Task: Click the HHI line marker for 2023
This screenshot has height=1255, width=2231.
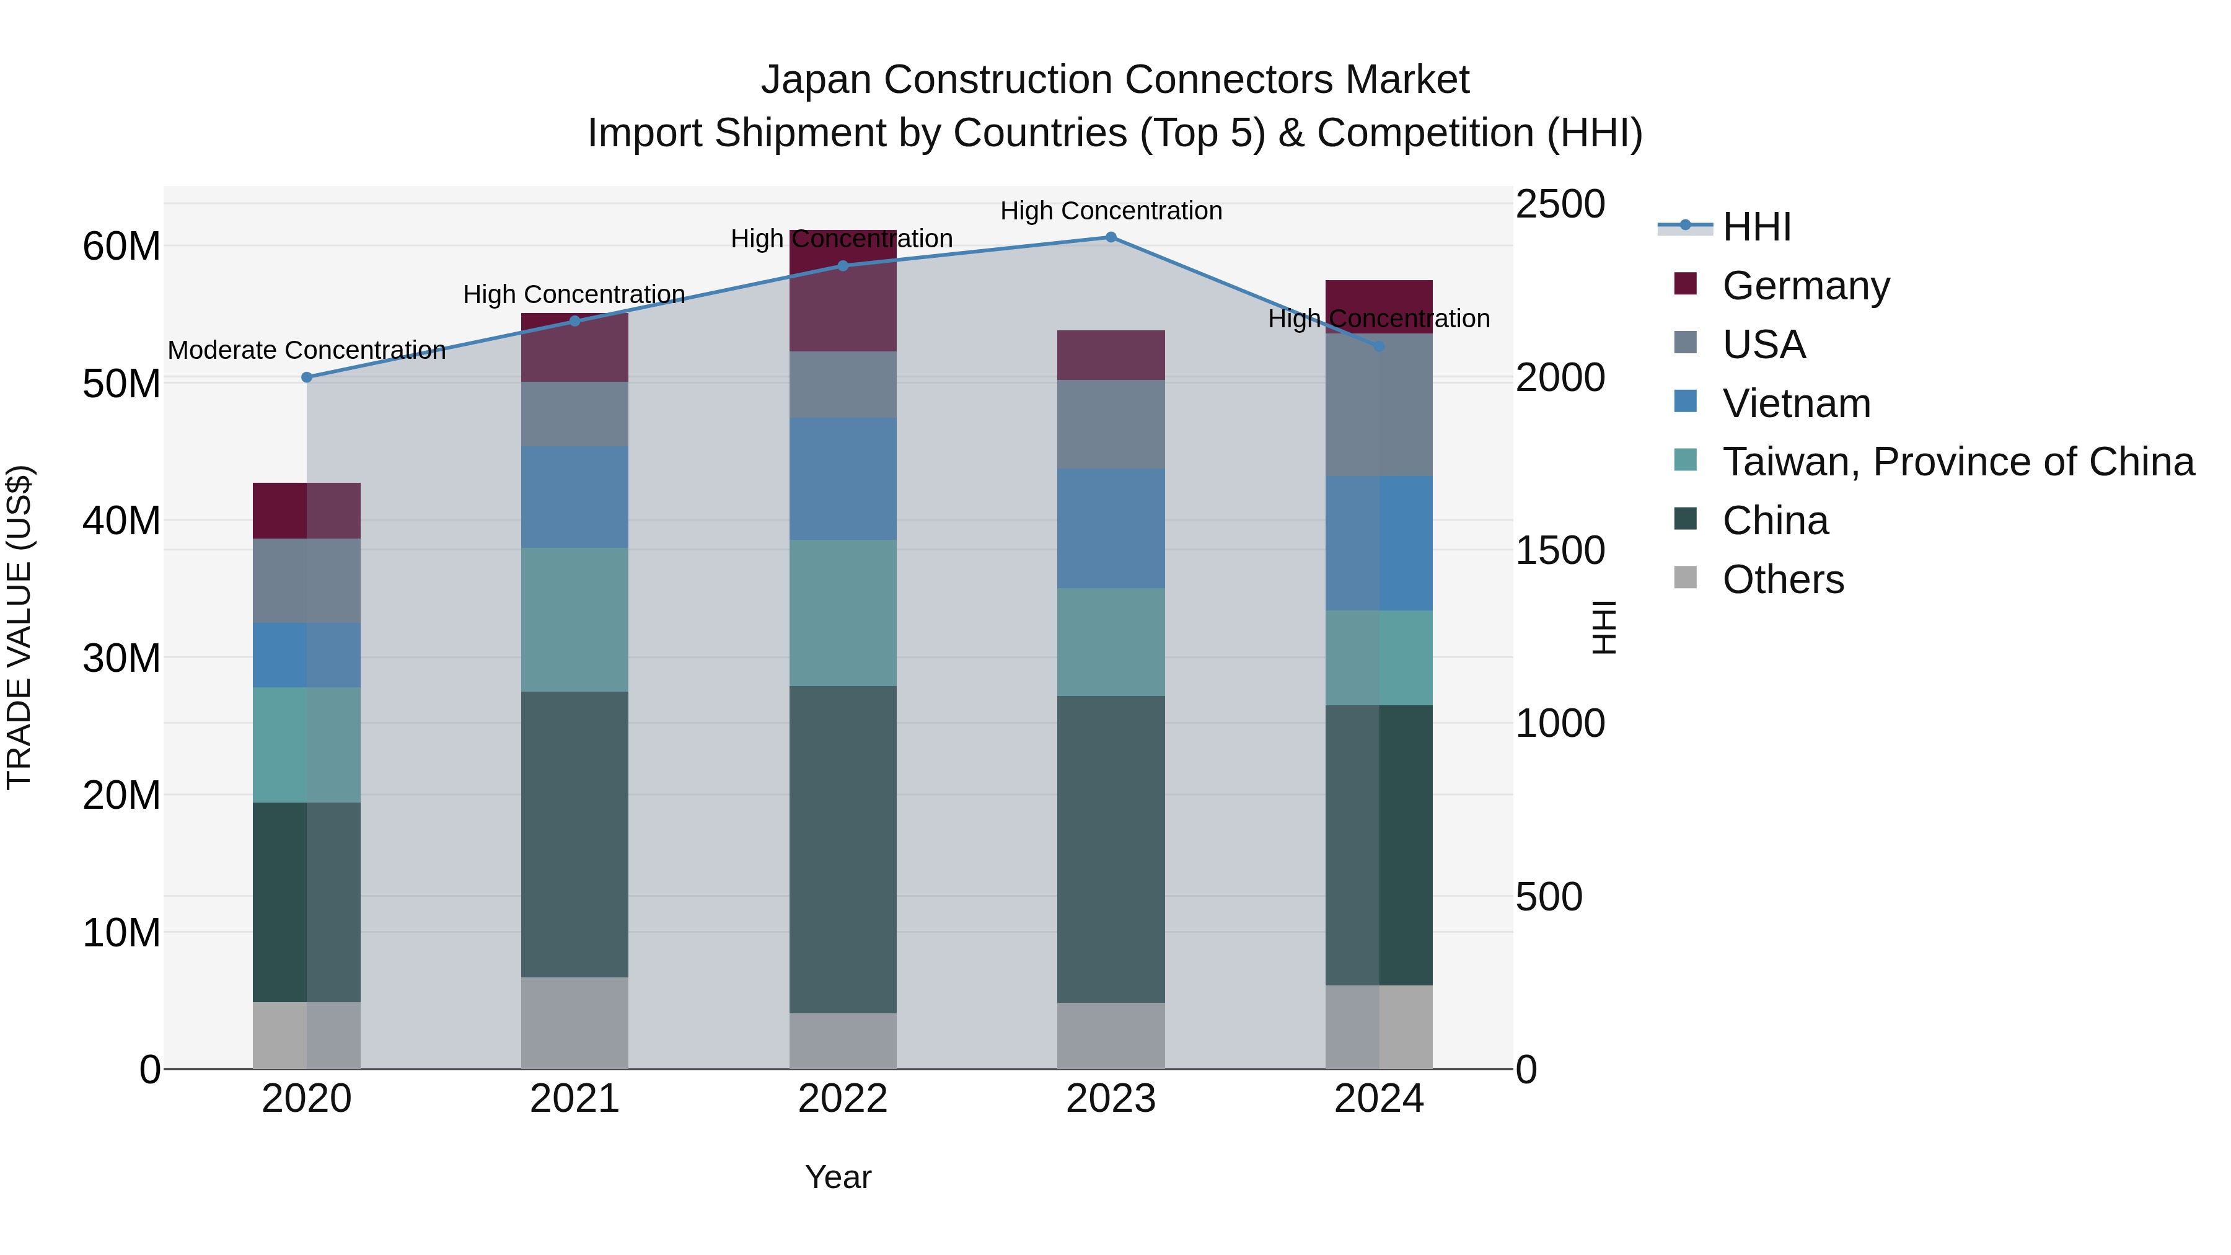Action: point(1111,237)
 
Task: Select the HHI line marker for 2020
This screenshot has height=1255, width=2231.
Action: point(307,377)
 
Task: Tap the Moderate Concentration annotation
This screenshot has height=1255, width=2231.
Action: point(307,351)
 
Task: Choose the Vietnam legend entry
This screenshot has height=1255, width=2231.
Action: point(1795,403)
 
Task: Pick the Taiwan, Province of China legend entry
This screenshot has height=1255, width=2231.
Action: point(1957,462)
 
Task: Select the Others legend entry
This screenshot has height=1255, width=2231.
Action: point(1782,579)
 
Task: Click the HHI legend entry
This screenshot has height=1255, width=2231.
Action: point(1756,227)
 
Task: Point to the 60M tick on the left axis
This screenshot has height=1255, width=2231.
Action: point(121,247)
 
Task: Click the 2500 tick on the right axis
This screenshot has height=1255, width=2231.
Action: point(1560,205)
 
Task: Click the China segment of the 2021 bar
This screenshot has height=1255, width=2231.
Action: point(574,834)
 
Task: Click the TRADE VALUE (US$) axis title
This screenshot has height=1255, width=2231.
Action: point(19,627)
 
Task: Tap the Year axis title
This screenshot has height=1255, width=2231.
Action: point(837,1177)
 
